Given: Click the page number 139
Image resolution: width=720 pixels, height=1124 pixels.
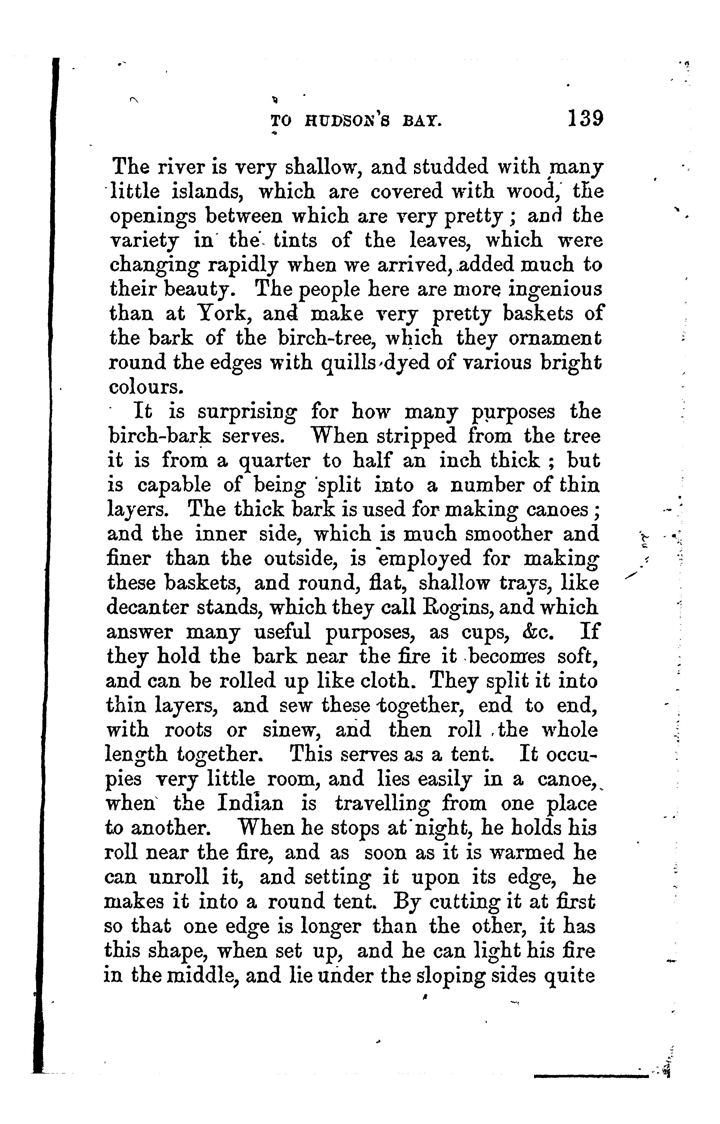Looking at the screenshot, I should tap(585, 119).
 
